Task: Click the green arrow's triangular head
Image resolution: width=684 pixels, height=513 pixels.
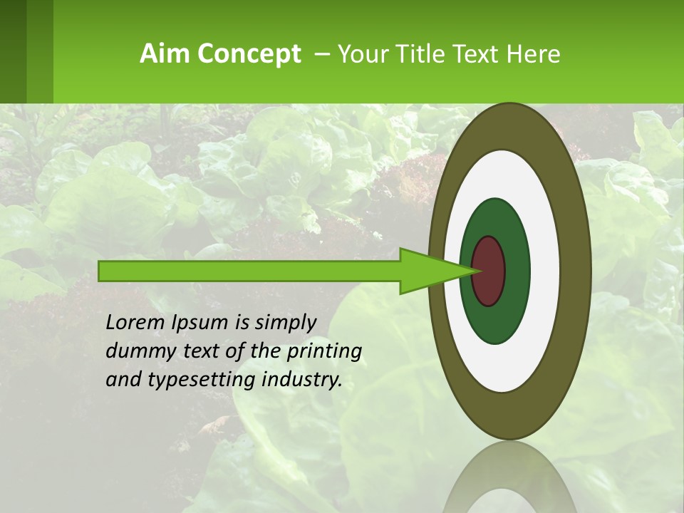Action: (x=427, y=271)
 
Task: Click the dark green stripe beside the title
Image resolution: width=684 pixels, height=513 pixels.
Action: (x=13, y=50)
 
